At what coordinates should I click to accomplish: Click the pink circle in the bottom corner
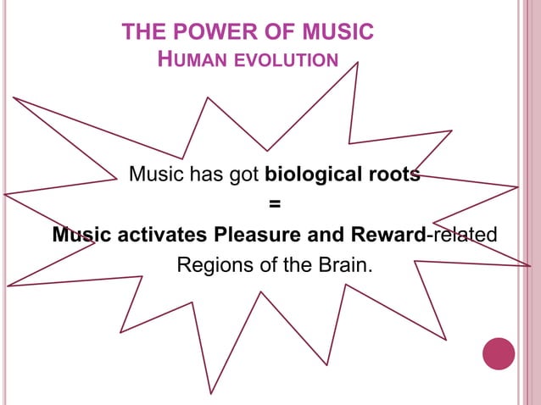click(x=499, y=353)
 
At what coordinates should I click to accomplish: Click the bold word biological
click(x=313, y=175)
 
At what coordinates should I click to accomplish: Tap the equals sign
click(x=273, y=204)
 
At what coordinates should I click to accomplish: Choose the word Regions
click(x=212, y=264)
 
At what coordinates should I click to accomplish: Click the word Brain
click(x=343, y=264)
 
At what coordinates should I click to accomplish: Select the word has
click(x=205, y=175)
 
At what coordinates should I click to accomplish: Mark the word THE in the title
click(x=141, y=33)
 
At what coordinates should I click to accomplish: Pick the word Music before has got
click(x=156, y=175)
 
